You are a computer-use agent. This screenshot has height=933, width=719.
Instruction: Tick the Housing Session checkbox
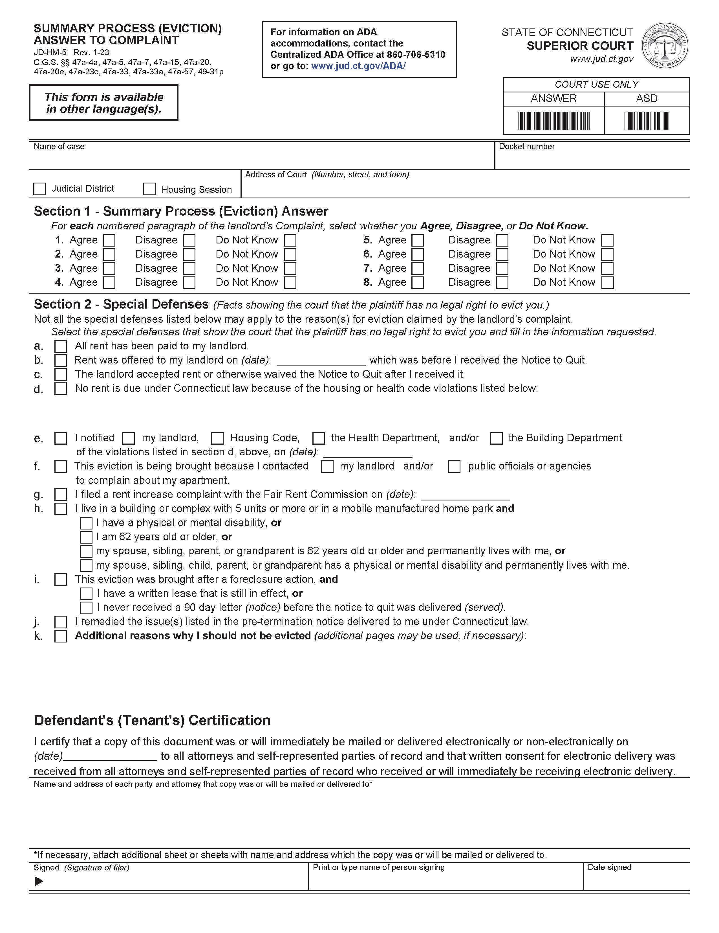(149, 189)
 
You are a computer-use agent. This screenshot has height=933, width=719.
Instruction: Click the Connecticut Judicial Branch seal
(665, 45)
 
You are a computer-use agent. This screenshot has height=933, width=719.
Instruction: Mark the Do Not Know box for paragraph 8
(607, 282)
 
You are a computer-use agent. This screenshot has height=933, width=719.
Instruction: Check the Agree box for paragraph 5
(418, 240)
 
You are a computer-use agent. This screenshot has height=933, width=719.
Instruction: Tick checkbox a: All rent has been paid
(61, 346)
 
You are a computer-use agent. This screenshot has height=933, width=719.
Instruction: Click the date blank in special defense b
(321, 361)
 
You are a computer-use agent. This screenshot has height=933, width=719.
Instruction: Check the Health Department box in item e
(318, 438)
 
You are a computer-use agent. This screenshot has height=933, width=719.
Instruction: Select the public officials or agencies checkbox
(454, 467)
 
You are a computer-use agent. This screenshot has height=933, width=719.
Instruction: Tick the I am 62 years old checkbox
(86, 537)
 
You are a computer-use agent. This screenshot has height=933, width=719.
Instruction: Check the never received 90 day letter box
(86, 608)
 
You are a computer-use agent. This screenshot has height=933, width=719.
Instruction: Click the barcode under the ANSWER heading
(553, 121)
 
